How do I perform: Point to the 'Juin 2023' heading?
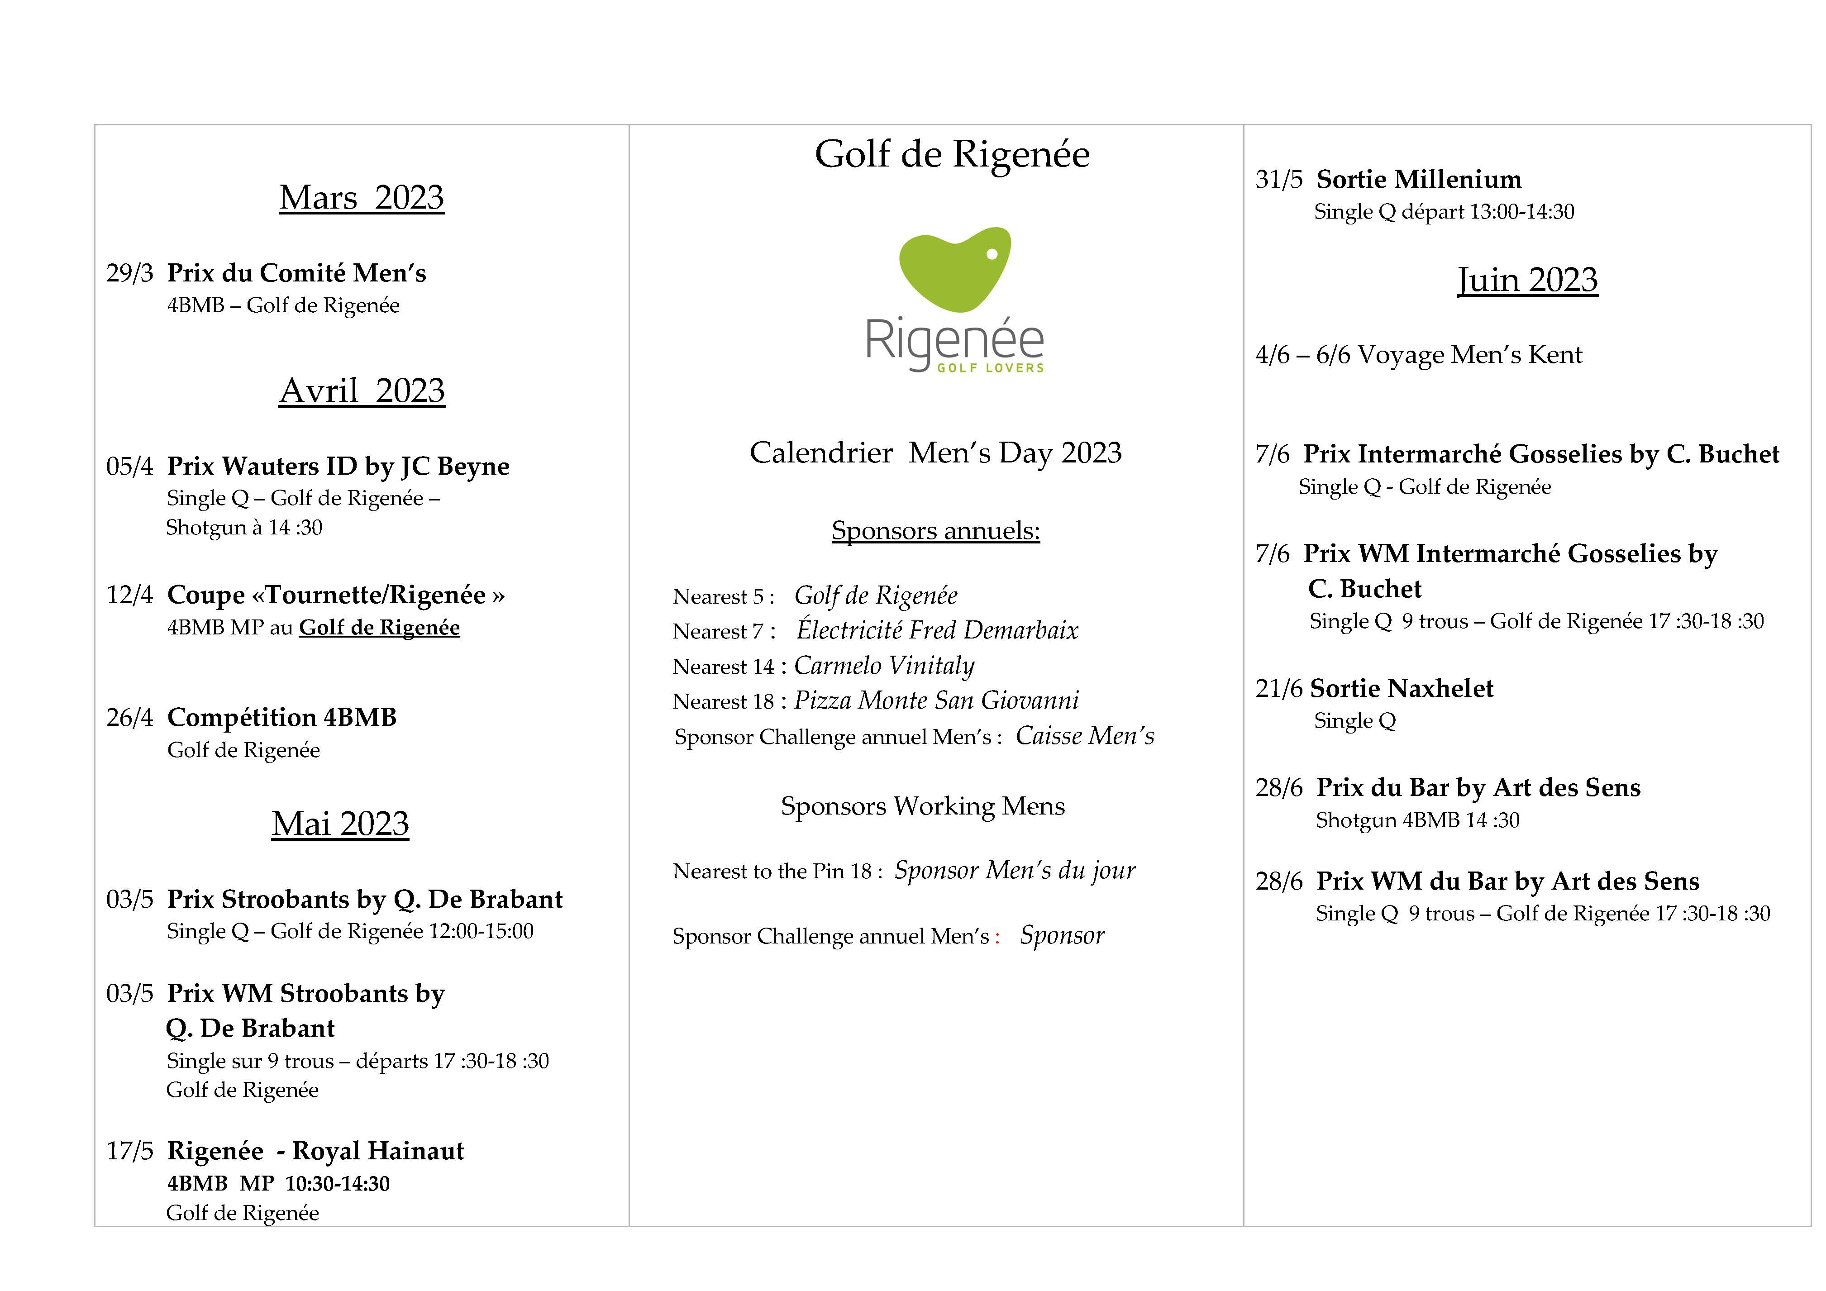pos(1527,280)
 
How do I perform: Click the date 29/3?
pos(129,274)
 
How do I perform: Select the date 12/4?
pos(129,595)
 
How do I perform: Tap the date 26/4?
pos(129,718)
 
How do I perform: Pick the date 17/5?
pos(129,1151)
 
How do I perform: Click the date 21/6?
pos(1279,689)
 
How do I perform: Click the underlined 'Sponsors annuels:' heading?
pos(935,530)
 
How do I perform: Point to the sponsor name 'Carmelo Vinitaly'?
pos(883,666)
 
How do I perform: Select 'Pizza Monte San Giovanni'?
pos(936,701)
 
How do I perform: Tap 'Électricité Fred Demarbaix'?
pos(937,631)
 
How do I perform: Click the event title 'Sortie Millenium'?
pos(1419,180)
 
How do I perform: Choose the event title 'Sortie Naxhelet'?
pos(1402,689)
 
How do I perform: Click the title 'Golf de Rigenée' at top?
pos(952,154)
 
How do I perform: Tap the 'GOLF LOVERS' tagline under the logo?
pos(990,368)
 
